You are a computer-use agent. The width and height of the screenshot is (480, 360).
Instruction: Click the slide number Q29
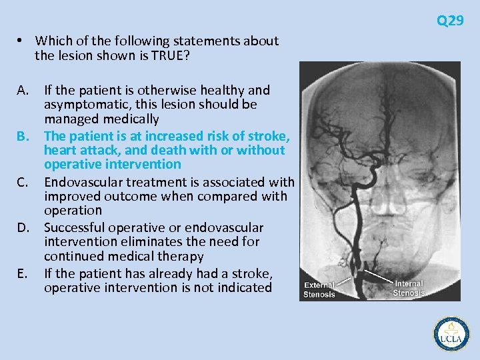click(450, 21)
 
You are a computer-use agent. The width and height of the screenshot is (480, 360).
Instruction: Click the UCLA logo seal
click(451, 333)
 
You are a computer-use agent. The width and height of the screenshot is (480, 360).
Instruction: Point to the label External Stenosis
click(320, 290)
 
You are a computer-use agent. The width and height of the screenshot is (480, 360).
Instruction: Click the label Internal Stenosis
click(409, 288)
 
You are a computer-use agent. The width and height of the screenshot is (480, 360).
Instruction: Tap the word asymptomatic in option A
click(83, 105)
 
